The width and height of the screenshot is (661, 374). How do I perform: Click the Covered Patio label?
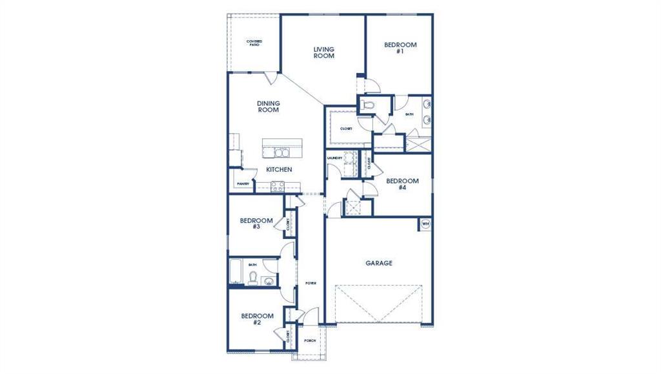[x=254, y=43]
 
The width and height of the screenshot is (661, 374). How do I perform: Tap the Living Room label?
[x=323, y=52]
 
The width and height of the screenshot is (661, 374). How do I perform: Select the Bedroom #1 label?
[x=400, y=48]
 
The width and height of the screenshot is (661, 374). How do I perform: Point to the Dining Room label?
[x=268, y=106]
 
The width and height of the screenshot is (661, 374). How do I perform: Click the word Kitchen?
[x=279, y=169]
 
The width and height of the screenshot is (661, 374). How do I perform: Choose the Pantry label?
[x=243, y=183]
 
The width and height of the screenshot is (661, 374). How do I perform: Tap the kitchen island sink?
[x=281, y=152]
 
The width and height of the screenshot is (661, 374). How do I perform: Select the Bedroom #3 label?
[x=256, y=223]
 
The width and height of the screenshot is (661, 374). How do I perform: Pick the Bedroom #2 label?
[x=257, y=319]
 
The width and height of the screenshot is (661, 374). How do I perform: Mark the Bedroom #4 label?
[x=402, y=184]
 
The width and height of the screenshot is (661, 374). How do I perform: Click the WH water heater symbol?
[x=425, y=223]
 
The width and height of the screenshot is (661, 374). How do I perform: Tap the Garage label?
[x=379, y=263]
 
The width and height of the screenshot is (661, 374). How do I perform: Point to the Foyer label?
[x=310, y=283]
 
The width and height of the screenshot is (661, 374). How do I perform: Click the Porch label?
[x=310, y=340]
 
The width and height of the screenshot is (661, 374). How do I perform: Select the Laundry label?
[x=334, y=158]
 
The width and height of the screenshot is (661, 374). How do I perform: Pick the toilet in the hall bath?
[x=254, y=278]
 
